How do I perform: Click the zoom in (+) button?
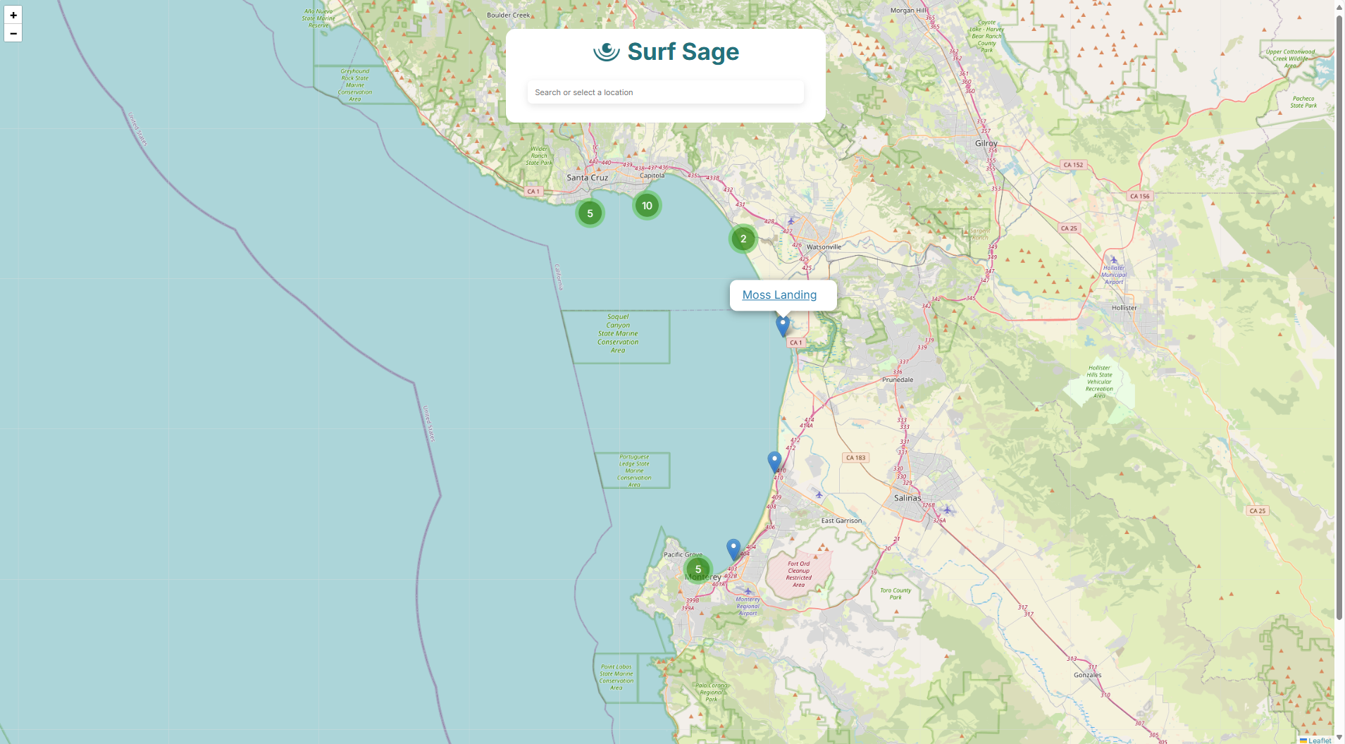click(x=13, y=15)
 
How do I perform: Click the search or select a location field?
click(x=665, y=92)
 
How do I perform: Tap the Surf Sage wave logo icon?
click(x=606, y=51)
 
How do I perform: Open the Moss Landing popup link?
click(x=779, y=294)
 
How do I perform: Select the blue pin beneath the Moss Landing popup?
click(x=782, y=325)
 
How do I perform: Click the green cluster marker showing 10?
click(x=647, y=206)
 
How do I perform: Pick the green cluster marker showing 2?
click(x=743, y=239)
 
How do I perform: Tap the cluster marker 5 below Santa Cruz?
click(x=590, y=213)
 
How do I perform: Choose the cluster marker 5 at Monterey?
click(x=698, y=569)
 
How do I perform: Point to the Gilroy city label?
click(x=986, y=143)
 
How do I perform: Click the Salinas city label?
click(x=907, y=497)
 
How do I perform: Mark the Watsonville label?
click(x=824, y=247)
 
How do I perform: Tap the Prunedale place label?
click(x=897, y=380)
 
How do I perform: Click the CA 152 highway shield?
click(x=1073, y=165)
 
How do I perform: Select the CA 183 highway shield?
click(x=855, y=458)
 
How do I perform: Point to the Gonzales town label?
click(x=1087, y=675)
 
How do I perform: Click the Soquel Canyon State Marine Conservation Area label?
click(x=618, y=333)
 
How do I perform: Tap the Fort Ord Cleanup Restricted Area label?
click(x=798, y=574)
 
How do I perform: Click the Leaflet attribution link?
click(x=1319, y=740)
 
